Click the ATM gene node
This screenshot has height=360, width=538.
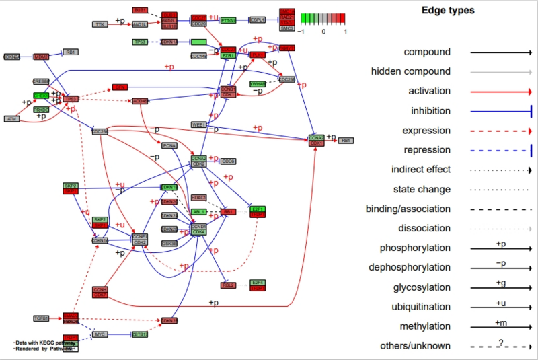[x=11, y=118]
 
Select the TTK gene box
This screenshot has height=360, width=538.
[x=100, y=24]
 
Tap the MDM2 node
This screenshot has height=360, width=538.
[x=42, y=57]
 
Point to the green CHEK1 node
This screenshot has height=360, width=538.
[x=42, y=96]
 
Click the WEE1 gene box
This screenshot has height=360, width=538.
[x=200, y=124]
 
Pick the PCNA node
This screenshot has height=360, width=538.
[x=169, y=145]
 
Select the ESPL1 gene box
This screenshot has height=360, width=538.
[x=258, y=21]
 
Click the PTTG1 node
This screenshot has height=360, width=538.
[x=229, y=21]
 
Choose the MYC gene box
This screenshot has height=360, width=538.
[x=100, y=334]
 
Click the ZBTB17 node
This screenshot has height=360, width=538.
[x=140, y=334]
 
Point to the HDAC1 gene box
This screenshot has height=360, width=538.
[x=198, y=197]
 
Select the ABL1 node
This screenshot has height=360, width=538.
[x=199, y=211]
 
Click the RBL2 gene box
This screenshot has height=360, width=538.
[x=228, y=285]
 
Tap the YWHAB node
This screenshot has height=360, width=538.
[x=258, y=84]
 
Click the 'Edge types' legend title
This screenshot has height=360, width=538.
[x=448, y=11]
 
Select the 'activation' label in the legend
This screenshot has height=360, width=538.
[x=429, y=91]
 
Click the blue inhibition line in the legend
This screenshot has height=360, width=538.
[x=500, y=111]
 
